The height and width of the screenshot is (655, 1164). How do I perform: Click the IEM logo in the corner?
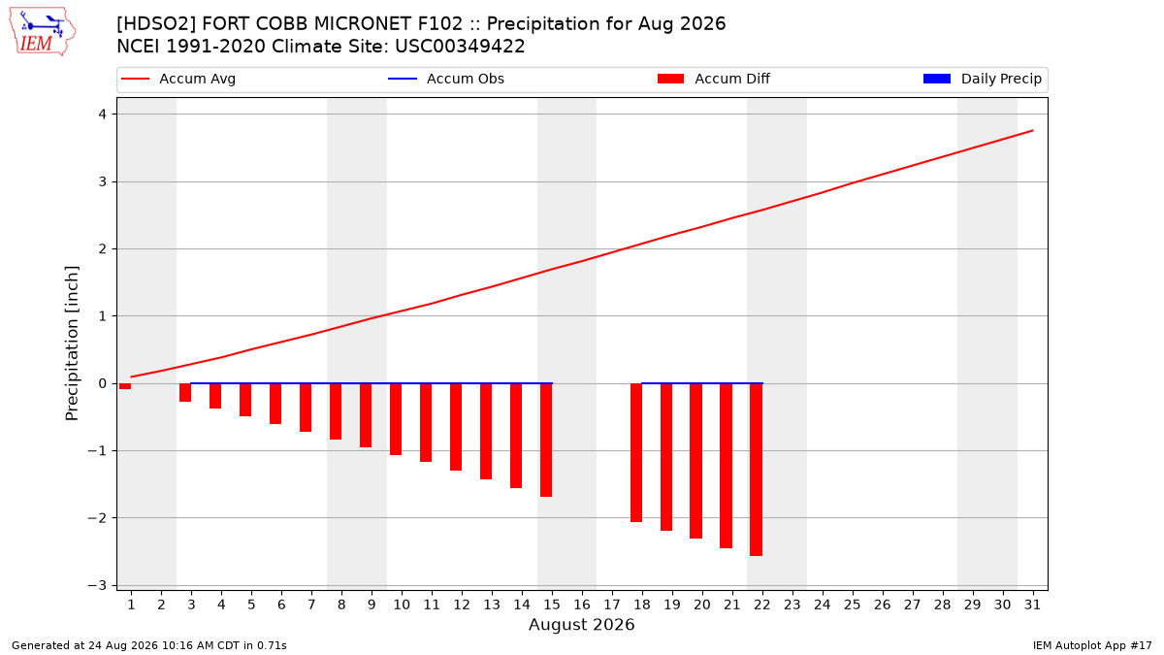click(x=42, y=32)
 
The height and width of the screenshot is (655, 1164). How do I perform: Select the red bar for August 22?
click(x=756, y=470)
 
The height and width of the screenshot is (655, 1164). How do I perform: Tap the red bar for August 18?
click(x=636, y=452)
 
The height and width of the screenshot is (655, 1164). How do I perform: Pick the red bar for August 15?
click(x=545, y=440)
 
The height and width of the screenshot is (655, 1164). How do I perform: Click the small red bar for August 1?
click(x=125, y=386)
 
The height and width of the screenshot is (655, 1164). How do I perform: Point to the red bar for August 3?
click(x=185, y=392)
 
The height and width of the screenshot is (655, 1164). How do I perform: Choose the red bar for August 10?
click(x=396, y=419)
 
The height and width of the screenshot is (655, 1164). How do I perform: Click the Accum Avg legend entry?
click(x=178, y=79)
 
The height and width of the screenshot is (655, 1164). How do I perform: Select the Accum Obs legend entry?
click(x=446, y=79)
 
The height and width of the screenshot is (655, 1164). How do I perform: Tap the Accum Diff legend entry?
click(x=714, y=79)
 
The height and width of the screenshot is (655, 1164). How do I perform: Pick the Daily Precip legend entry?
click(x=982, y=79)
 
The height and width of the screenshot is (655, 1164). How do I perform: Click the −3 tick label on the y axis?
click(x=97, y=585)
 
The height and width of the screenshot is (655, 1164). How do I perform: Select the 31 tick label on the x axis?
click(x=1032, y=605)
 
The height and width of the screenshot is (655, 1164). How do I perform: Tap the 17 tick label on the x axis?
click(x=612, y=605)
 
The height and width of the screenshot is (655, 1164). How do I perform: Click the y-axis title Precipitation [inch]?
click(x=72, y=344)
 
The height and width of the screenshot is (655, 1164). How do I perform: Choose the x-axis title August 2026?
click(x=581, y=624)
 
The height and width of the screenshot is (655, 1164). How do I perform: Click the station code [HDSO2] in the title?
click(x=156, y=24)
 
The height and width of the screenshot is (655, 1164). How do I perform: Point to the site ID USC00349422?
click(x=460, y=47)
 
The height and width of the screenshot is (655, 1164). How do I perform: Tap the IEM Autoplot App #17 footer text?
click(x=1092, y=645)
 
